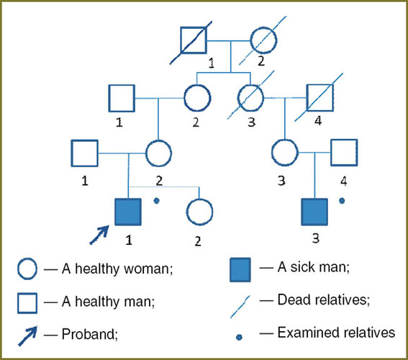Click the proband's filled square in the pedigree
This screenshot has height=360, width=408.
click(x=128, y=212)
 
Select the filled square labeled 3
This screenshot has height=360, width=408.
click(x=314, y=212)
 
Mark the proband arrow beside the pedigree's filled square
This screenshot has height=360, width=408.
click(x=99, y=235)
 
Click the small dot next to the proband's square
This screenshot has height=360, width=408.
click(x=156, y=201)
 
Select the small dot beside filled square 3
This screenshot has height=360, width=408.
click(x=342, y=201)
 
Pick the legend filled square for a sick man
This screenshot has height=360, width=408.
click(x=240, y=270)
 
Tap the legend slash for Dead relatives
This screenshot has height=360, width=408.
click(x=240, y=307)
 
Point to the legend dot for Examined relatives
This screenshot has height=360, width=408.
click(x=239, y=338)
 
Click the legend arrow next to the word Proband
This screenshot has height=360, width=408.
click(x=27, y=336)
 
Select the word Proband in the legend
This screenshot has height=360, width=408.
click(x=89, y=334)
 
